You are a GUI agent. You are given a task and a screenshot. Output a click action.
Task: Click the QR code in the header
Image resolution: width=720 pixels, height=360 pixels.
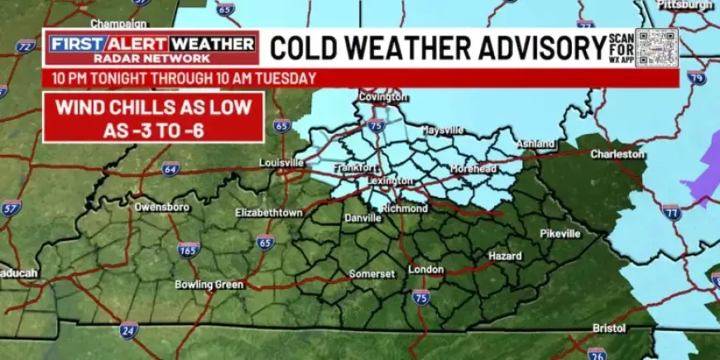tap(656, 47)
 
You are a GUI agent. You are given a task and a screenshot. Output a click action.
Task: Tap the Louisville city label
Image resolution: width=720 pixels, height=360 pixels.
tap(281, 163)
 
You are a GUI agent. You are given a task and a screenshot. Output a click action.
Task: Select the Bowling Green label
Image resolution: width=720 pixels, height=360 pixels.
tap(209, 285)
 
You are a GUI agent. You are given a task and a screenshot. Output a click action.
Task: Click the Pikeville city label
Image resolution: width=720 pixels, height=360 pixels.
tap(560, 233)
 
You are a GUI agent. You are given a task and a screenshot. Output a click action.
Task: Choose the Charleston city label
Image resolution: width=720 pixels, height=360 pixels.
tap(617, 154)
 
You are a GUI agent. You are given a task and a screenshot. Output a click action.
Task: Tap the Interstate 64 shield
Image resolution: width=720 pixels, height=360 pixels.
tap(170, 168)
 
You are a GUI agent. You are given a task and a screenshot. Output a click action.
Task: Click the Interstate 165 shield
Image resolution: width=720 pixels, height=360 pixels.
tap(189, 249)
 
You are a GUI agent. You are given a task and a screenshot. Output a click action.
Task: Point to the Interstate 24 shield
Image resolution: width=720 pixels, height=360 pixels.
tap(127, 331)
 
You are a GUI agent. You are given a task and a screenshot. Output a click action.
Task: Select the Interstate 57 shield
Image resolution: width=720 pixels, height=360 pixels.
tap(11, 208)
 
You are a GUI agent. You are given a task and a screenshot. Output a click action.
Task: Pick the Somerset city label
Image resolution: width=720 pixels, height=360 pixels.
tap(372, 273)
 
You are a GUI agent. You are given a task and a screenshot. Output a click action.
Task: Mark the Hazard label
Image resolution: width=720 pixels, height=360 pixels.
tap(505, 257)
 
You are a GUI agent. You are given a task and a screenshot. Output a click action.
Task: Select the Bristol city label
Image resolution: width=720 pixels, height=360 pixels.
tap(609, 329)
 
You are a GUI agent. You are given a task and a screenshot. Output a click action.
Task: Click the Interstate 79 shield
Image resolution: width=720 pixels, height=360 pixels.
tap(696, 79)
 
